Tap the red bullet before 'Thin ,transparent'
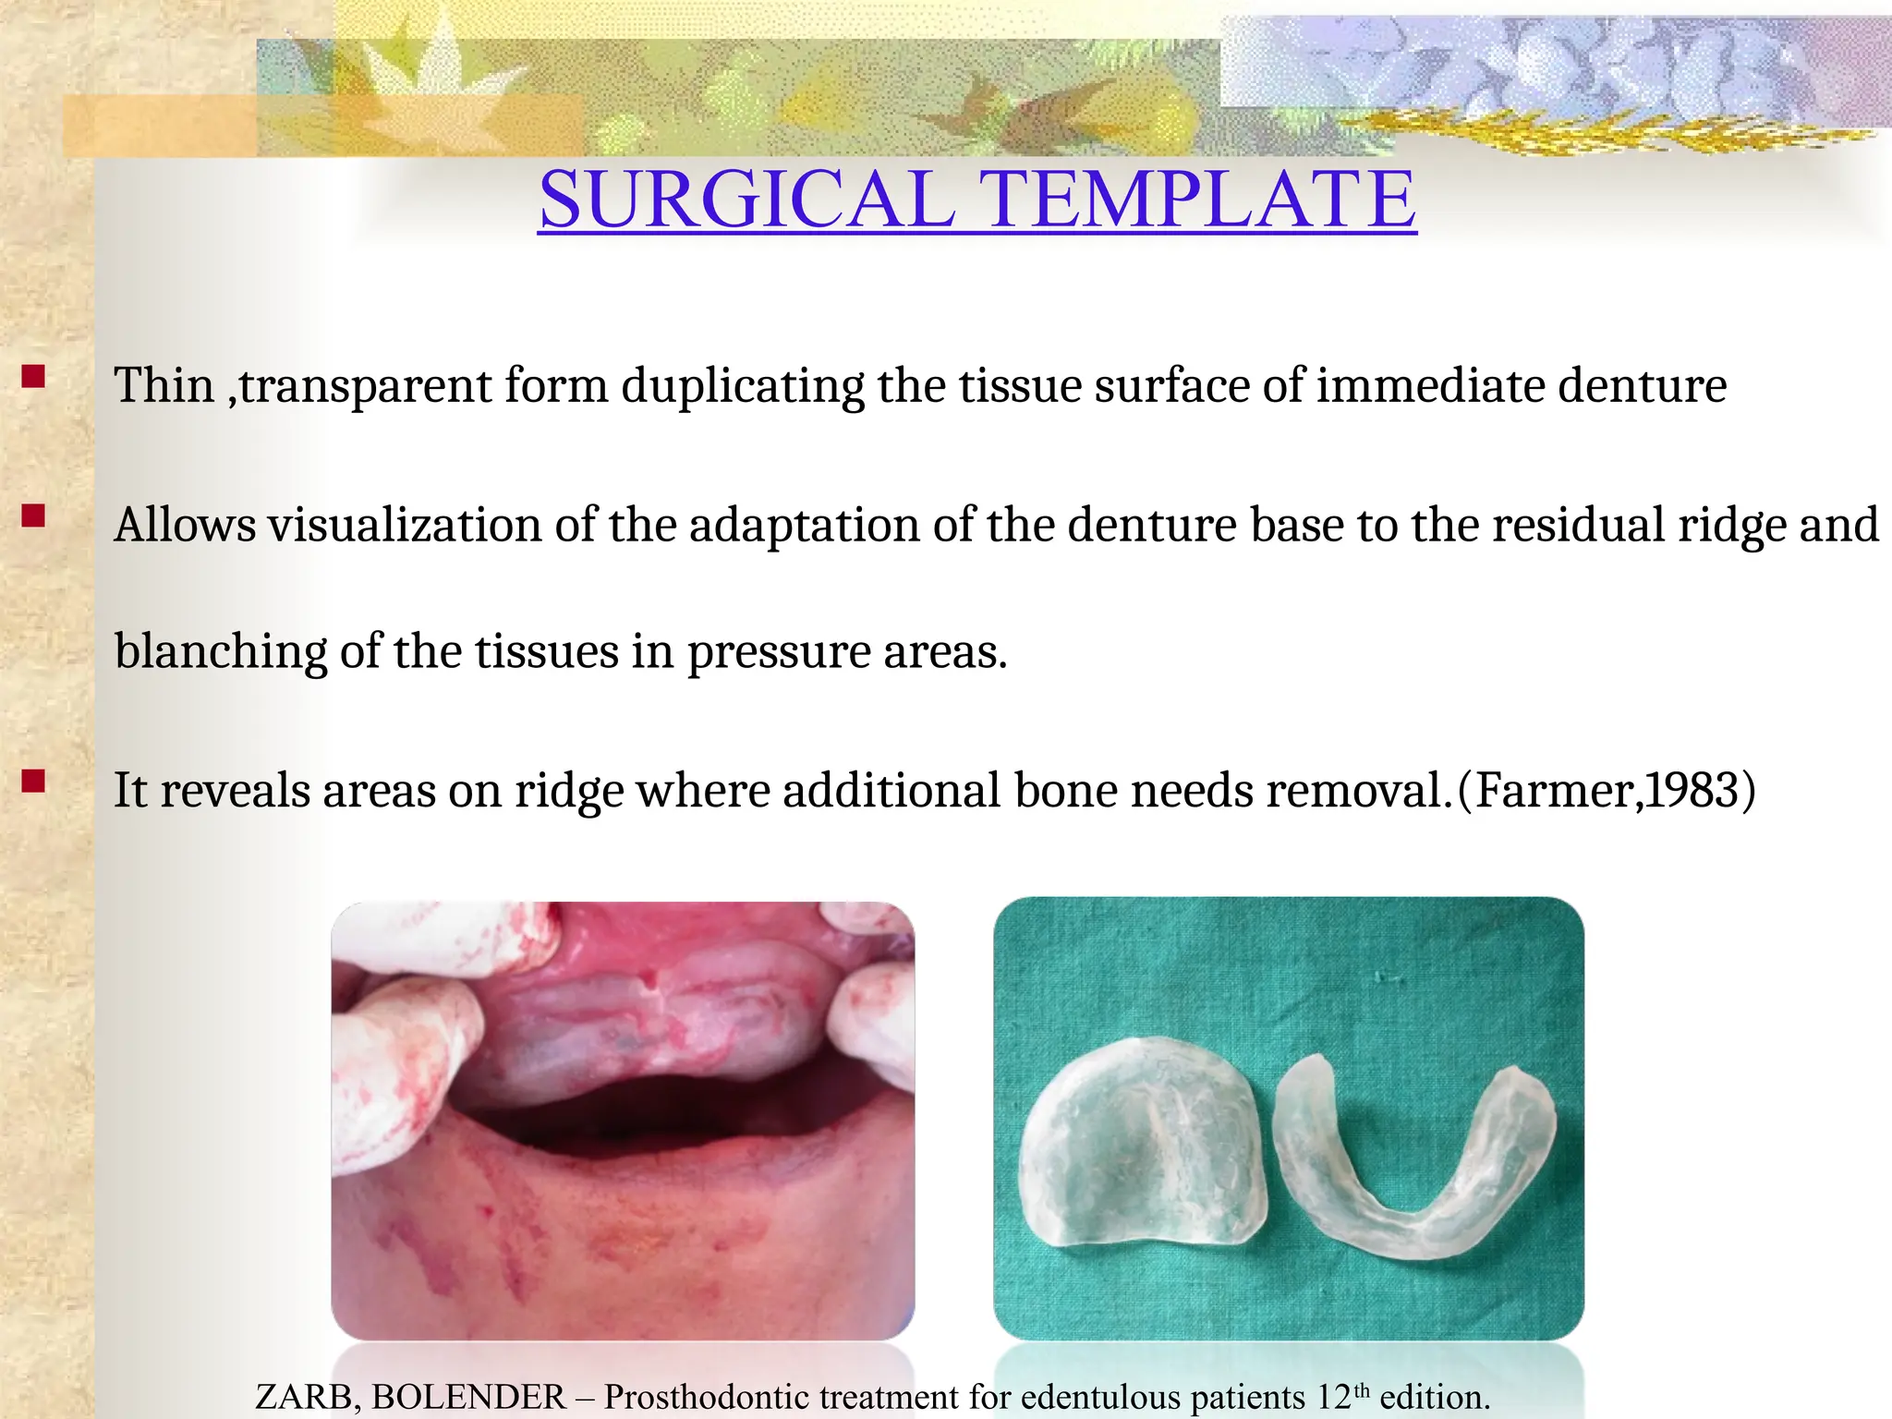pyautogui.click(x=34, y=377)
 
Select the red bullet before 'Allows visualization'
pyautogui.click(x=34, y=515)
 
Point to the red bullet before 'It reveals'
pyautogui.click(x=34, y=782)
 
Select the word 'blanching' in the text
pyautogui.click(x=221, y=652)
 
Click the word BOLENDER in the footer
pyautogui.click(x=468, y=1397)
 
